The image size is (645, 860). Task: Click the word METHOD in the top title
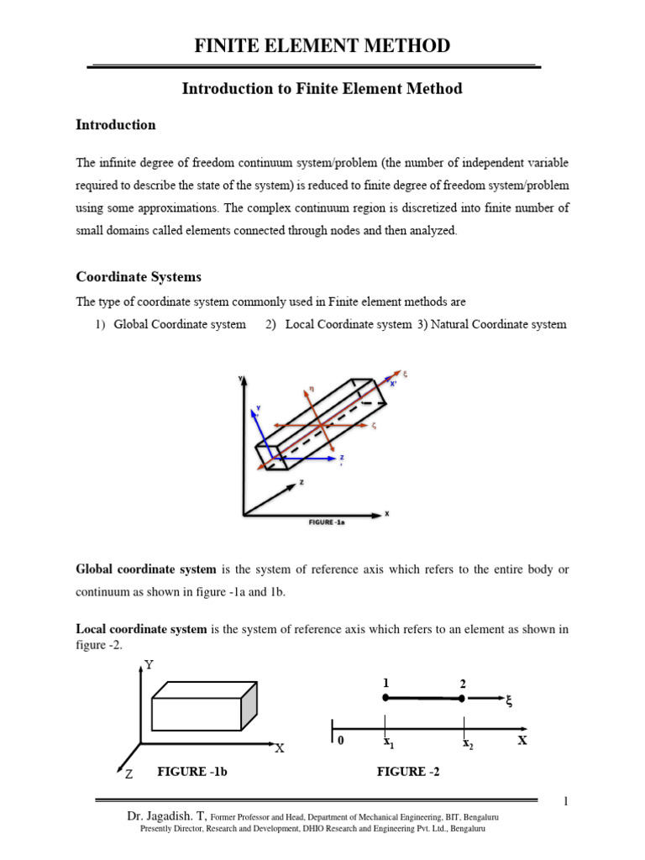402,46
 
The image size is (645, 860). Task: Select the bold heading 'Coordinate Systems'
139,276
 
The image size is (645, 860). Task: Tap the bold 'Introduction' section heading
116,124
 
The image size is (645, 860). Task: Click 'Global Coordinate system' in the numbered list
180,324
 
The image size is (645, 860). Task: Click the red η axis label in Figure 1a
310,388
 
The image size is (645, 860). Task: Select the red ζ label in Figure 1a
374,426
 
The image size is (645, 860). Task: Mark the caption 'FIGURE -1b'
192,772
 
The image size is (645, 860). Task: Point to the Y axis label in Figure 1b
149,664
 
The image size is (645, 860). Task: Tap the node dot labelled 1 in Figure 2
385,698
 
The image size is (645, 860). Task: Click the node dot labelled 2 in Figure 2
462,699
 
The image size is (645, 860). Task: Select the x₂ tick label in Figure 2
466,743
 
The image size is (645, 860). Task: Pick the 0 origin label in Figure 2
340,742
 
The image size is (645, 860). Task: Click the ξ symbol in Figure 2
508,702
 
